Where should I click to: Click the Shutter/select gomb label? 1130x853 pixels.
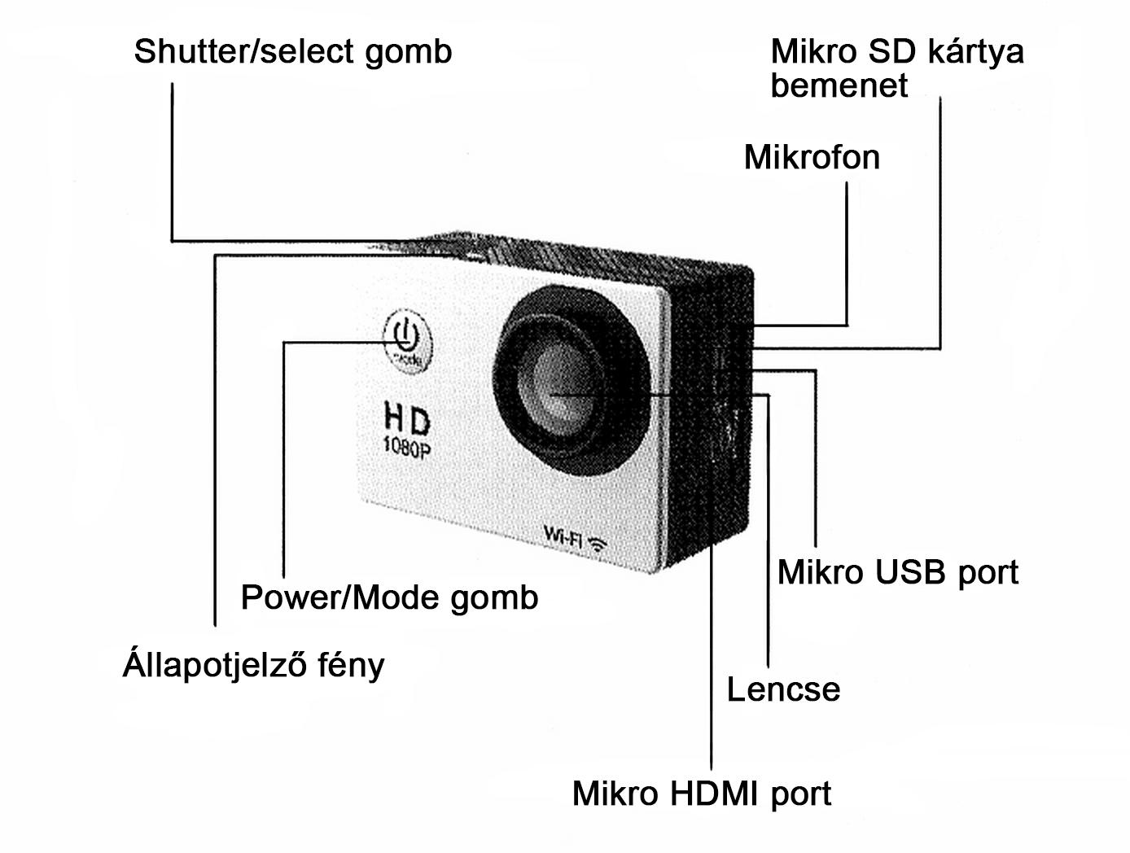coord(293,52)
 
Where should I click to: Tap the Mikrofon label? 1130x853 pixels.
coord(812,157)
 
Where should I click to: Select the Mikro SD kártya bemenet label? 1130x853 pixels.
coord(897,68)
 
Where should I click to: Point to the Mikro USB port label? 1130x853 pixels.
coord(898,573)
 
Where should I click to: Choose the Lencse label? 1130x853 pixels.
coord(783,689)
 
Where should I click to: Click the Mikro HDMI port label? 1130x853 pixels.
coord(702,794)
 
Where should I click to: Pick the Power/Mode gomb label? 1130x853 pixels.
coord(390,598)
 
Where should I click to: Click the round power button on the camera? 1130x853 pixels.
coord(408,340)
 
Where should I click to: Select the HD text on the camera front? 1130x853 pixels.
coord(407,418)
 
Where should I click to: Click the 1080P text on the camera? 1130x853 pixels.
coord(407,447)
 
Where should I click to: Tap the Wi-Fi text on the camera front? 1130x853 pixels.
coord(563,536)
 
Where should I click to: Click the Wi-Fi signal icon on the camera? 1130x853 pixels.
coord(598,543)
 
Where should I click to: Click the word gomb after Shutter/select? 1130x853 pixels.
coord(408,52)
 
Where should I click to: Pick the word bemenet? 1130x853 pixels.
coord(839,85)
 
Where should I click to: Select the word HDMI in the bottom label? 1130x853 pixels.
coord(714,794)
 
